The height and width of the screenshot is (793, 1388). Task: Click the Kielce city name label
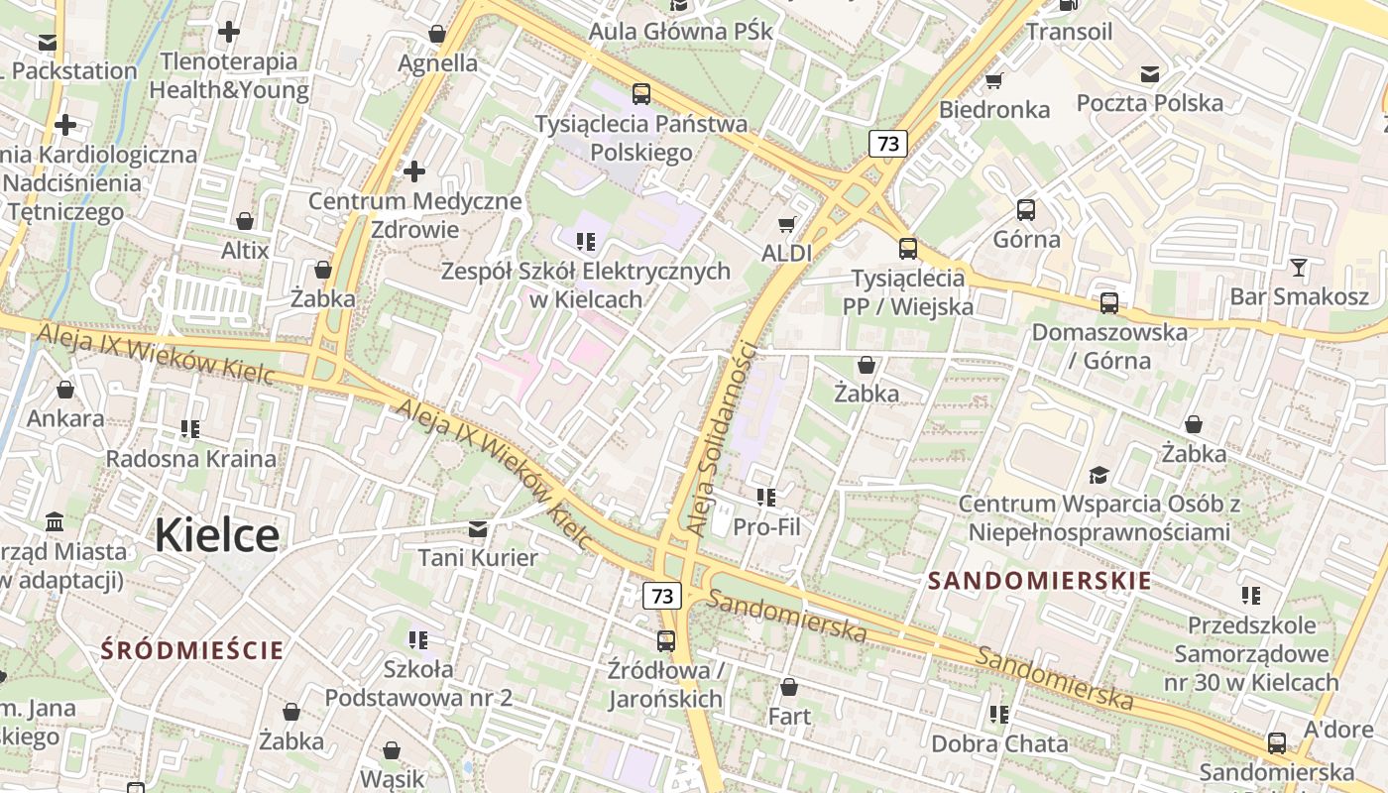tap(216, 535)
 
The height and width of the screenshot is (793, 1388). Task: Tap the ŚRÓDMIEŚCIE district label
tap(192, 650)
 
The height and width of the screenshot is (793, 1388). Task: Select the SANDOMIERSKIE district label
tap(1040, 581)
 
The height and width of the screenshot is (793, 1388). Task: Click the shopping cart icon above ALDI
tap(787, 225)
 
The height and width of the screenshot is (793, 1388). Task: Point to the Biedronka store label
tap(994, 109)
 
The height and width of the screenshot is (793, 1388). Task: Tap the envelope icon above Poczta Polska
tap(1150, 74)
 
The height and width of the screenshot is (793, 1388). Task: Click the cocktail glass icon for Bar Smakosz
tap(1299, 268)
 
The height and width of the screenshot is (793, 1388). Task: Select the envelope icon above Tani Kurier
tap(478, 529)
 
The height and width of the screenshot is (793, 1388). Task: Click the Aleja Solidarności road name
tap(723, 438)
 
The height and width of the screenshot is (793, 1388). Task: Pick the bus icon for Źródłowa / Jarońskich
tap(666, 641)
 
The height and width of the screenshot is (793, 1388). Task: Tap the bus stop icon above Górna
tap(1026, 210)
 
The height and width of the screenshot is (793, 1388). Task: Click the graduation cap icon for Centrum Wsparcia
tap(1099, 475)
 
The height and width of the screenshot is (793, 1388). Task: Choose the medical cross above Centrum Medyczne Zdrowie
tap(414, 171)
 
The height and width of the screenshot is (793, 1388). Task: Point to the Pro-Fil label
tap(766, 527)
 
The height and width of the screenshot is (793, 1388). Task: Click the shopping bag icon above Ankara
tap(65, 390)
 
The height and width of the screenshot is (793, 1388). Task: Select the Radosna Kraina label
tap(190, 459)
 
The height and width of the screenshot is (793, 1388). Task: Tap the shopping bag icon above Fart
tap(789, 687)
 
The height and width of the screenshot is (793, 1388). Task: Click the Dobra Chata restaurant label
tap(999, 743)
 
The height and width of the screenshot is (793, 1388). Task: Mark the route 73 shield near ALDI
tap(888, 144)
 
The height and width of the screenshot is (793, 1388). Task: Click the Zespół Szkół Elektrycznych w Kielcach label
tap(585, 284)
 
